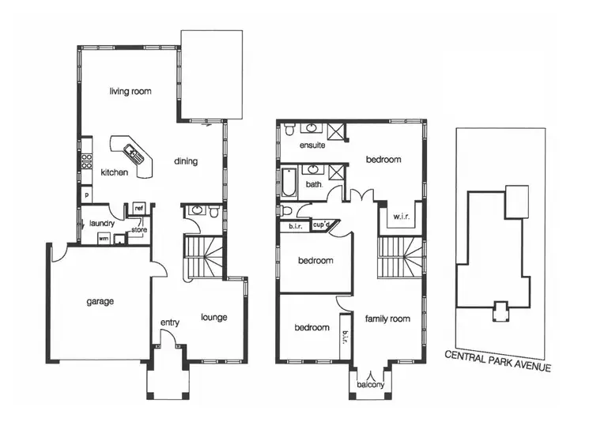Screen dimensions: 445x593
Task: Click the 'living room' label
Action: click(x=130, y=92)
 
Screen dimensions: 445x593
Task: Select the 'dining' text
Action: click(x=186, y=162)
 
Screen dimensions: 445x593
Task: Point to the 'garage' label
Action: click(x=100, y=301)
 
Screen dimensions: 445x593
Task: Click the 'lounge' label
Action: click(x=213, y=318)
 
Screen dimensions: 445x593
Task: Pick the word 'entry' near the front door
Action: click(x=170, y=322)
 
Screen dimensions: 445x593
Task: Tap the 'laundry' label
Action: click(x=102, y=224)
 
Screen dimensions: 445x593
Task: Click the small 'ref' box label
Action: click(x=139, y=208)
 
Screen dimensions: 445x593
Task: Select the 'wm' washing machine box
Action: click(x=103, y=238)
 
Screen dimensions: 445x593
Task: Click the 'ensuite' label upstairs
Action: click(x=312, y=147)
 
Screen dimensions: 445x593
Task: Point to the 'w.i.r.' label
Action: click(x=400, y=217)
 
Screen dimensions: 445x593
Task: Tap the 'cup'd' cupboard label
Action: click(x=321, y=225)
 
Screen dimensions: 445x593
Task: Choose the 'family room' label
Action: click(x=387, y=319)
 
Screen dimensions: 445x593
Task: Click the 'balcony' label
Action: click(x=370, y=385)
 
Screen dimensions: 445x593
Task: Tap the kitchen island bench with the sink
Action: click(x=130, y=152)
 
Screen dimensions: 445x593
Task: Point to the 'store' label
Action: click(x=139, y=231)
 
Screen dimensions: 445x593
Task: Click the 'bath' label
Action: click(x=314, y=185)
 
